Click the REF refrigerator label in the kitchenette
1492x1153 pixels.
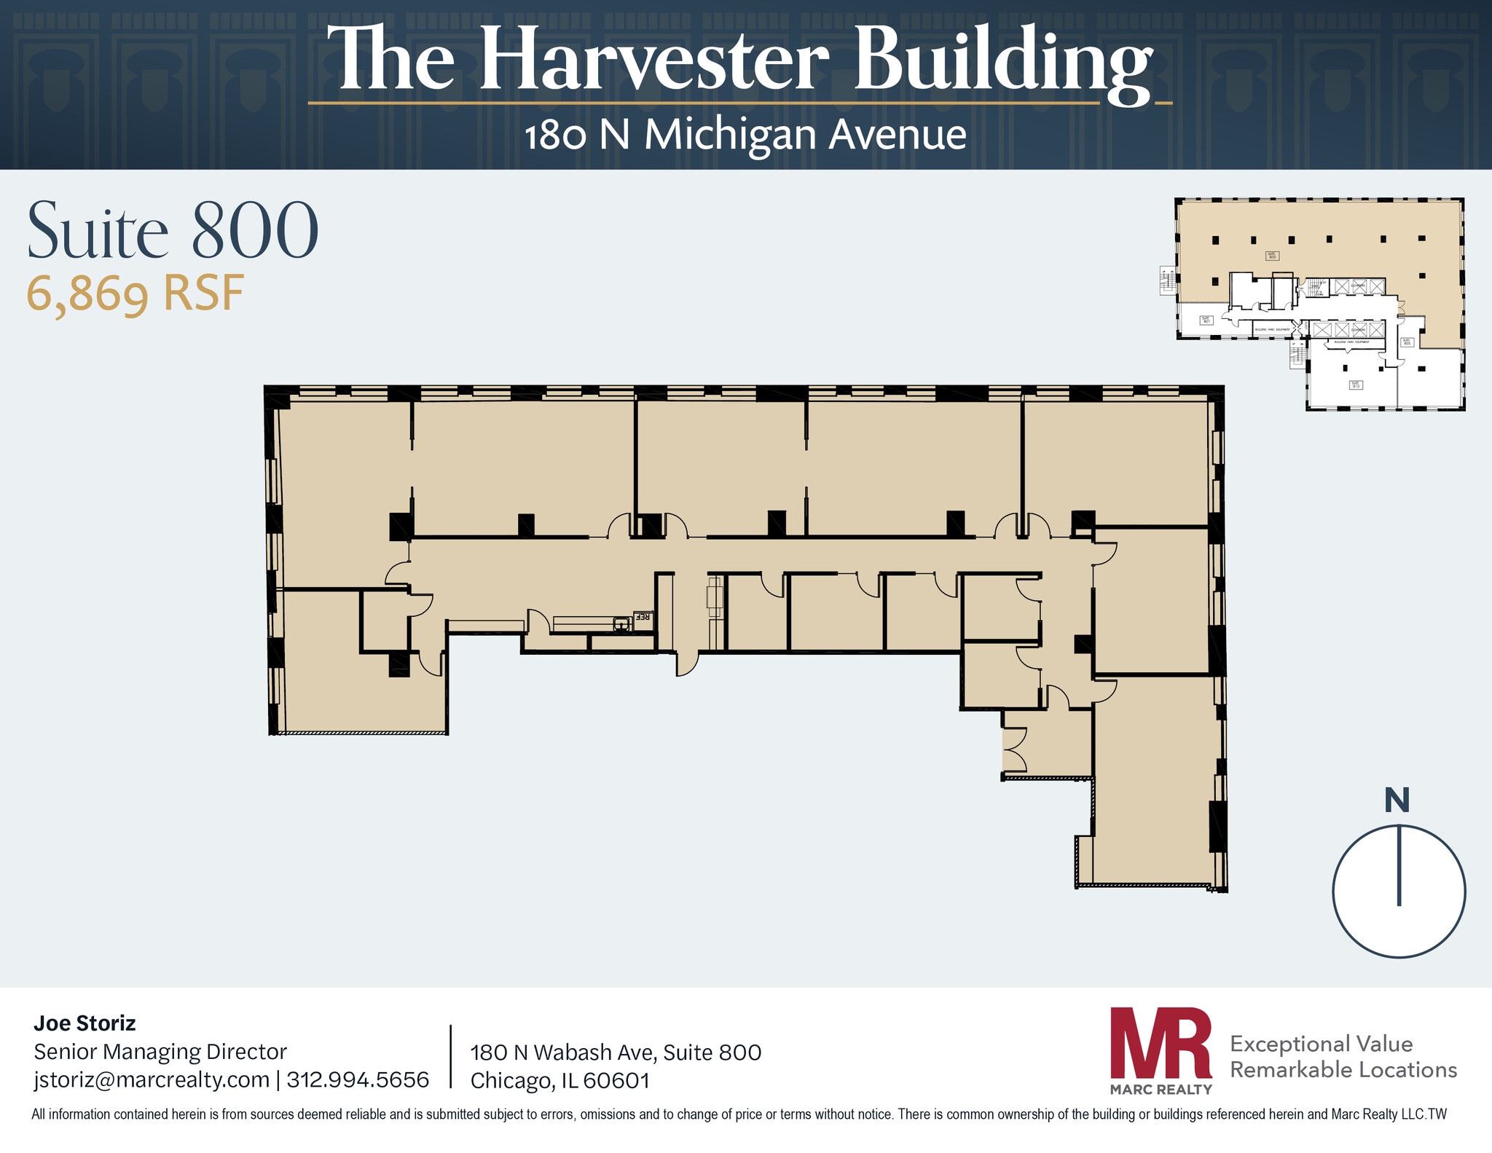[x=643, y=617]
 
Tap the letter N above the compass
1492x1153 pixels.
[x=1397, y=801]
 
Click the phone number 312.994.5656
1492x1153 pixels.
[x=358, y=1079]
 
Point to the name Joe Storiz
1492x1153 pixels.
[x=85, y=1023]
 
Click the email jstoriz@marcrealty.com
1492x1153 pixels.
[x=152, y=1079]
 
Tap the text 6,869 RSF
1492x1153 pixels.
[x=136, y=294]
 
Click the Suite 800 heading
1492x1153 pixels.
[x=173, y=231]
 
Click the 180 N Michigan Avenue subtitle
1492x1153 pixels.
[x=745, y=135]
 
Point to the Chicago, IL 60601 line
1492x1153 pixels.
[x=559, y=1080]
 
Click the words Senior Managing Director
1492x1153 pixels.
[x=160, y=1052]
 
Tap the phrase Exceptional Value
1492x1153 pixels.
[x=1321, y=1044]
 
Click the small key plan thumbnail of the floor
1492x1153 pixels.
[x=1319, y=304]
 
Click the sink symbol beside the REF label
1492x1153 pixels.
[x=621, y=623]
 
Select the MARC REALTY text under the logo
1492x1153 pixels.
[x=1161, y=1090]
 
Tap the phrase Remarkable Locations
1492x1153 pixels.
[x=1343, y=1070]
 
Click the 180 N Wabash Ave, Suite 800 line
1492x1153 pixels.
[x=616, y=1052]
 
